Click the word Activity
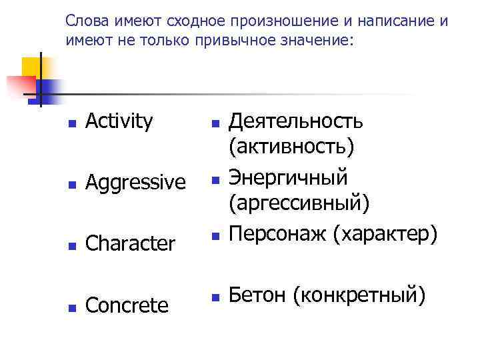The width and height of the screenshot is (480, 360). click(x=119, y=121)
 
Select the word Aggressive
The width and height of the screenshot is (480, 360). click(x=135, y=181)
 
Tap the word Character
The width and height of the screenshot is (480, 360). click(x=131, y=243)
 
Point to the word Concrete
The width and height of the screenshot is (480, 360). click(x=127, y=305)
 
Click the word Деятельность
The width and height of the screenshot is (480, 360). click(x=296, y=121)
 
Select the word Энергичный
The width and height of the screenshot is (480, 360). click(x=288, y=177)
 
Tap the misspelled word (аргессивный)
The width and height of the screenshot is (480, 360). click(x=299, y=201)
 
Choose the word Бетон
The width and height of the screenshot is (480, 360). click(x=257, y=293)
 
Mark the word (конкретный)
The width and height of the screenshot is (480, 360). click(x=359, y=294)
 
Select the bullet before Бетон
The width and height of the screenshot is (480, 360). click(x=215, y=296)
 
